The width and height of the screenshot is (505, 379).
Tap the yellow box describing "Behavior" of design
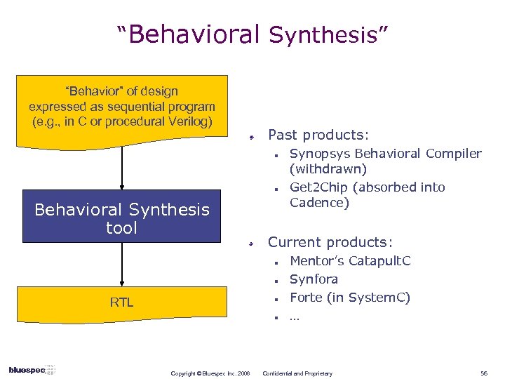click(122, 109)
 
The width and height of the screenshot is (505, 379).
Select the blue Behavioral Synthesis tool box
click(122, 218)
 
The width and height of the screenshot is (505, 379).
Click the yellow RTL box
click(122, 302)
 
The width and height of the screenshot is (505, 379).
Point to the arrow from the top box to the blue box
click(122, 168)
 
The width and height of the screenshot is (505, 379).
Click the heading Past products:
click(318, 134)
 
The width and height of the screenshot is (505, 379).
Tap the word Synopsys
click(320, 154)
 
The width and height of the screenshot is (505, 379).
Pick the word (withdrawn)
click(328, 169)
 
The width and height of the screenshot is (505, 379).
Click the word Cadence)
click(320, 203)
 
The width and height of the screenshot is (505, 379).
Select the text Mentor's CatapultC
click(350, 261)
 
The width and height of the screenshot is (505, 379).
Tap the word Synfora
click(314, 279)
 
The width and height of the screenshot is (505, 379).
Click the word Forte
click(306, 298)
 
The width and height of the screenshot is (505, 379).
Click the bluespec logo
click(32, 370)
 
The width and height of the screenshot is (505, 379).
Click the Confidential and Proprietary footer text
click(297, 373)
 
